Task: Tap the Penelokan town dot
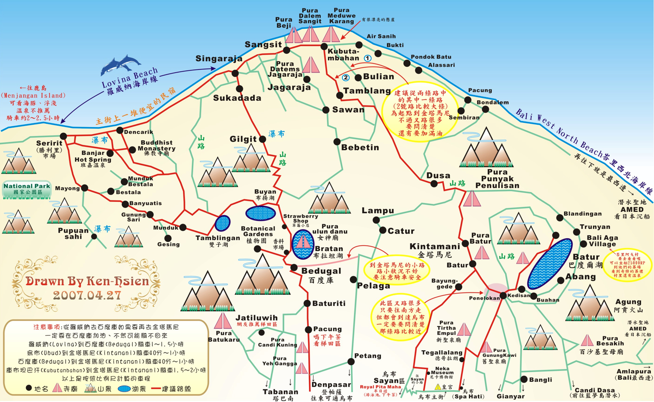pos(503,295)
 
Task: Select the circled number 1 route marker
pos(368,57)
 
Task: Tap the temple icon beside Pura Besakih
pos(586,340)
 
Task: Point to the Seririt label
pos(49,143)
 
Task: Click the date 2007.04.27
pos(87,295)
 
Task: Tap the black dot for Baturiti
pos(307,303)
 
